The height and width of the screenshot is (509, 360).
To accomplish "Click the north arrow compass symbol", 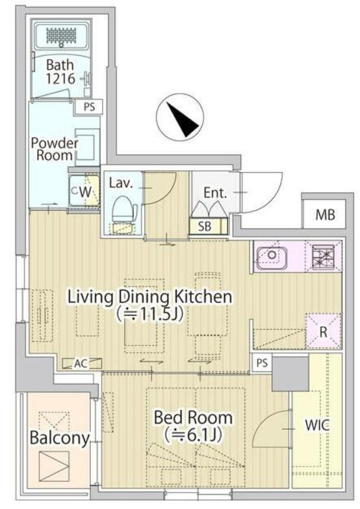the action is (180, 117).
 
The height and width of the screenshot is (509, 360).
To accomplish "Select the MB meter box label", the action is (326, 215).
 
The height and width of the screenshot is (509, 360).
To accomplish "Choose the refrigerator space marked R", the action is (324, 331).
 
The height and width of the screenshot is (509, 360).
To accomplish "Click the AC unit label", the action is (81, 363).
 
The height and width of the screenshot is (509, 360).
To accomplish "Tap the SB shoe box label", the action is (205, 226).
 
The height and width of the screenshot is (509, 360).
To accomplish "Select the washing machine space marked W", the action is (85, 192).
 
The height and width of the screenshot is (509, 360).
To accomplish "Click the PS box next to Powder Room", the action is (89, 107).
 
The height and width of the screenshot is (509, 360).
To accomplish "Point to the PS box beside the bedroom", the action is (263, 363).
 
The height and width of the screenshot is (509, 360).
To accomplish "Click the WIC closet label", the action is (317, 425).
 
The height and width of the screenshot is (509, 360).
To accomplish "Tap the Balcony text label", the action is (59, 438).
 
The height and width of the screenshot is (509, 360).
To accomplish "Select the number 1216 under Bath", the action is (60, 78).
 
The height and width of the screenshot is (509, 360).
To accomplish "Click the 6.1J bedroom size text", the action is (193, 436).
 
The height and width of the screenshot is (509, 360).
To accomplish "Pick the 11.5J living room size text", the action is (150, 314).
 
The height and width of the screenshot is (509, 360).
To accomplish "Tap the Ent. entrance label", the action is (215, 193).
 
